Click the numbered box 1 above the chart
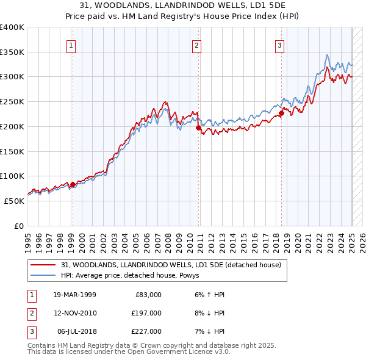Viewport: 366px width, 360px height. [71, 45]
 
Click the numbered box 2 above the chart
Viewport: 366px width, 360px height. [197, 45]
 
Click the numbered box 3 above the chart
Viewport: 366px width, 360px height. [279, 45]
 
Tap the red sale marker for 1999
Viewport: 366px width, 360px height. [73, 184]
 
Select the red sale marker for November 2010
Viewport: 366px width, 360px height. [199, 128]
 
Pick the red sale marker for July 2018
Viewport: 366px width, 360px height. [282, 113]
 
